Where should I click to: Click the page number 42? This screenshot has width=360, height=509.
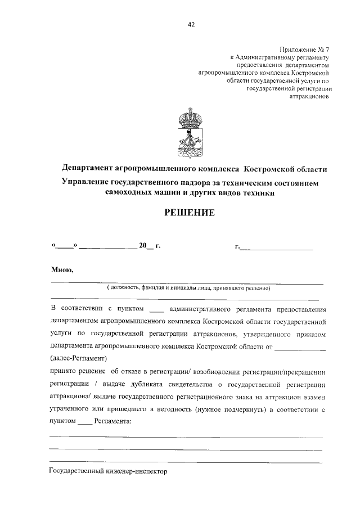tap(192, 24)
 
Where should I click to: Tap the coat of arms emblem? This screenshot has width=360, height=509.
tap(191, 136)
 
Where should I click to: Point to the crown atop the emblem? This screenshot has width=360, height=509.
tap(191, 118)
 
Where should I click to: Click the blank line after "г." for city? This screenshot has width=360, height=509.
tap(276, 246)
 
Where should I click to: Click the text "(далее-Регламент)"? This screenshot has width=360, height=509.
tap(79, 357)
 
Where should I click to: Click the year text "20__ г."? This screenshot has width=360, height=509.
tap(150, 246)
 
